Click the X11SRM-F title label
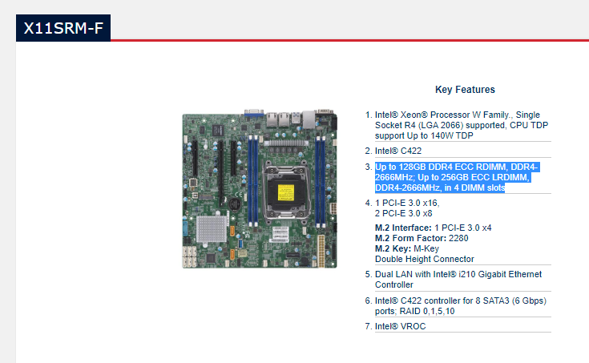tap(63, 28)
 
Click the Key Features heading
tap(465, 90)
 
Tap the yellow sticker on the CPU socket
tap(286, 192)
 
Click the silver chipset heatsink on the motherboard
tap(212, 229)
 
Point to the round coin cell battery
tap(235, 205)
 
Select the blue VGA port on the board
tap(254, 112)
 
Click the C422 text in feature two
tap(411, 151)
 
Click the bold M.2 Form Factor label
tap(410, 238)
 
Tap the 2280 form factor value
tap(458, 238)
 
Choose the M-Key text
tap(426, 248)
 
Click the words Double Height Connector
tap(425, 259)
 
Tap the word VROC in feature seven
tap(413, 326)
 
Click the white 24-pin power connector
tap(321, 251)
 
